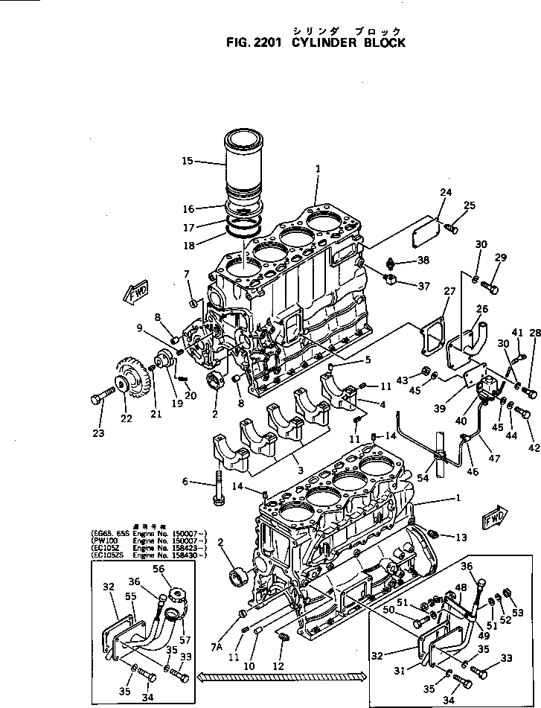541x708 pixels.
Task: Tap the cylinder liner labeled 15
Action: coord(244,168)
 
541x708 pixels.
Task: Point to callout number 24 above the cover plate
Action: coord(445,192)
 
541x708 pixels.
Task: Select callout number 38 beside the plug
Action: coord(423,261)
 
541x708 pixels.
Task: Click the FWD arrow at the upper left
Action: coord(137,292)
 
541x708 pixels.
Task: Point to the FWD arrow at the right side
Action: coord(494,516)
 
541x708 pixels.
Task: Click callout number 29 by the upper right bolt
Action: coord(501,258)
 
